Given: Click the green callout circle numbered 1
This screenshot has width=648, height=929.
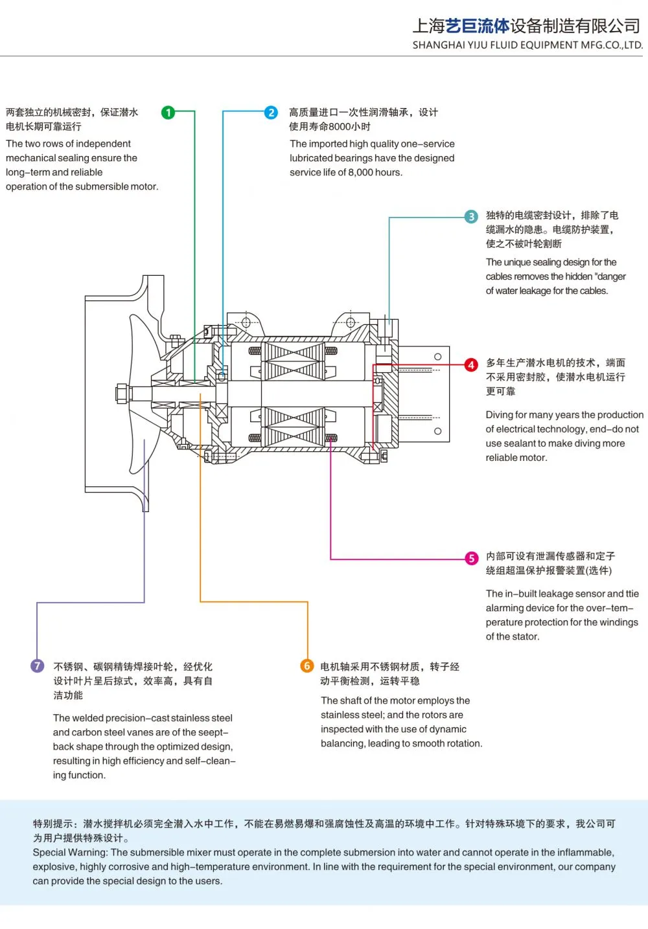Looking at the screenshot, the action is coord(168,113).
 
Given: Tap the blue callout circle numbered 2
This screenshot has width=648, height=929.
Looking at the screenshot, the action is coord(271,113).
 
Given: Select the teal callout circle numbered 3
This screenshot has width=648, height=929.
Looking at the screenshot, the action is coord(470,216).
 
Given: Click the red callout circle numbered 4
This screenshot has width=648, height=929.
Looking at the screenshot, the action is coord(470,364).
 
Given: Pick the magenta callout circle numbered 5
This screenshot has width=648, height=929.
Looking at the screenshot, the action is coord(471,558).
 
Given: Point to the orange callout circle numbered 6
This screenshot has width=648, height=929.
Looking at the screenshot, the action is coord(307,666).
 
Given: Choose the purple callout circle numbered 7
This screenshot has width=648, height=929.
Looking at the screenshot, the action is coord(38,666).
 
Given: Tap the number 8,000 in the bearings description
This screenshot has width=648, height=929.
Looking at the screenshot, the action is coord(360,172).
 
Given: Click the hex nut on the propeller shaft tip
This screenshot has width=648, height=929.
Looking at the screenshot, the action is coord(122,393).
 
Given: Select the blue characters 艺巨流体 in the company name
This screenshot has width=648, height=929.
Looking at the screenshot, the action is coord(478,26).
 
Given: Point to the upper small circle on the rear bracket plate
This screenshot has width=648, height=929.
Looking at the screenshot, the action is coord(437,357).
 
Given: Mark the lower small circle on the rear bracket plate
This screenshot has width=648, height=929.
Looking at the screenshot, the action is coord(437,431).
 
